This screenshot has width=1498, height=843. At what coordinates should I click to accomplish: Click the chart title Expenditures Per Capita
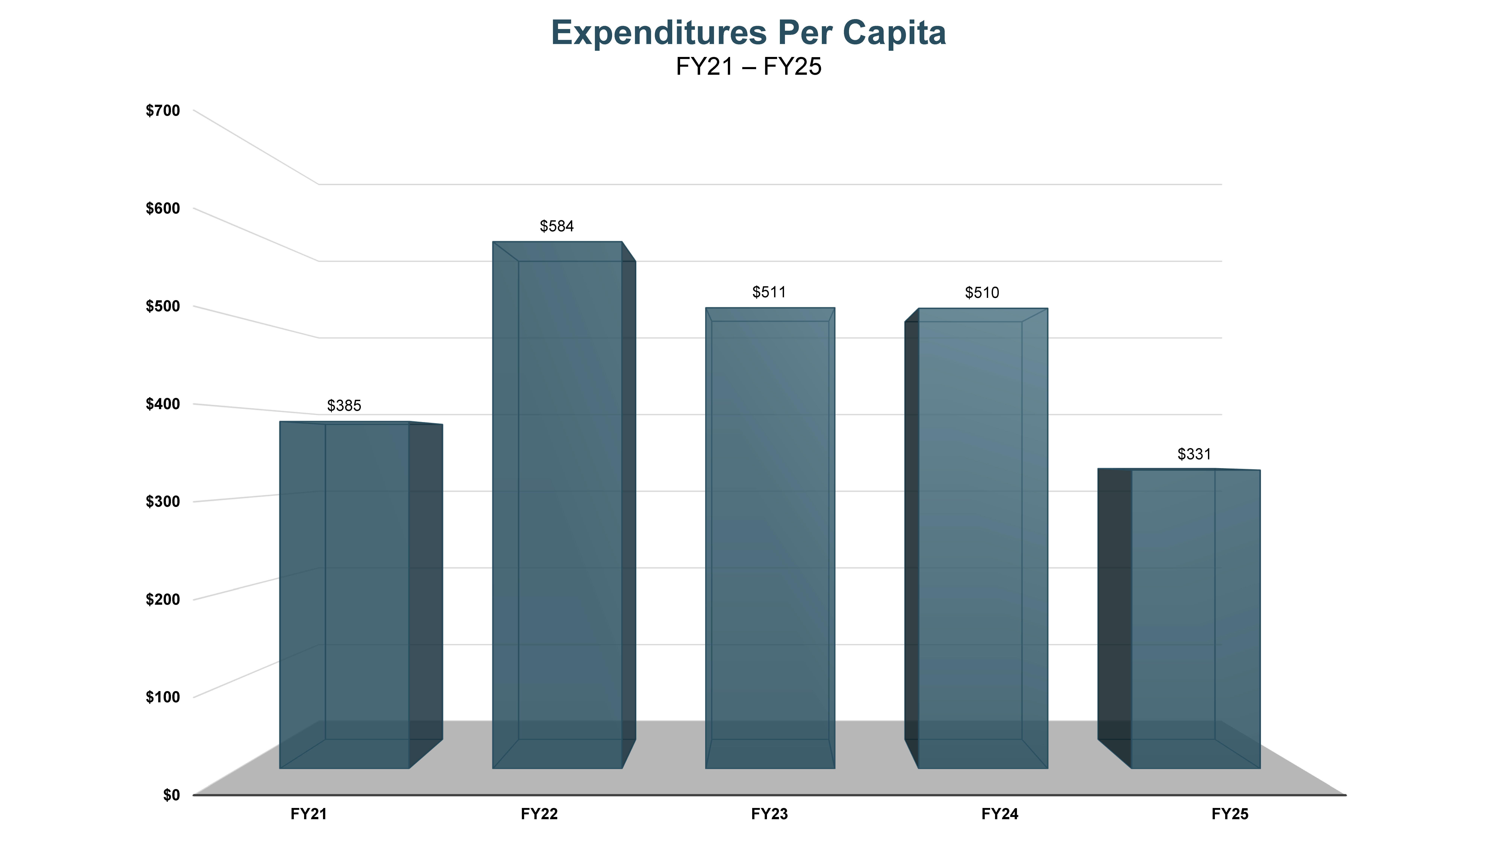point(748,33)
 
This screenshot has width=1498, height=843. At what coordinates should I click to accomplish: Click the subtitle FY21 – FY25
point(748,67)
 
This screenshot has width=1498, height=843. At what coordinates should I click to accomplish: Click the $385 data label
point(344,406)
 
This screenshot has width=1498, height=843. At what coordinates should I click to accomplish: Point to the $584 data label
point(557,226)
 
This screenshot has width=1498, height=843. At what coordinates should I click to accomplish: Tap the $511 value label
point(769,292)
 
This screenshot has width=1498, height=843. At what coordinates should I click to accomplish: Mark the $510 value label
point(982,293)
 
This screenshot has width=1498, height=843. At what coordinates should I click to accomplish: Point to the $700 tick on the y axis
point(163,111)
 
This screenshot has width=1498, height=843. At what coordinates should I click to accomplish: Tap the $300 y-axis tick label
point(163,501)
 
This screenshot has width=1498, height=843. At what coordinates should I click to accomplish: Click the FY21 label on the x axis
point(309,814)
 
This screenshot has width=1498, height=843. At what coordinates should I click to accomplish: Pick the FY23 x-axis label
point(769,814)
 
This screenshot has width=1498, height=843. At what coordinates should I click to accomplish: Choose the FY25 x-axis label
point(1230,814)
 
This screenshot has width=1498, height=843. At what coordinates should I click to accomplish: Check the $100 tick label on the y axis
point(163,697)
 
